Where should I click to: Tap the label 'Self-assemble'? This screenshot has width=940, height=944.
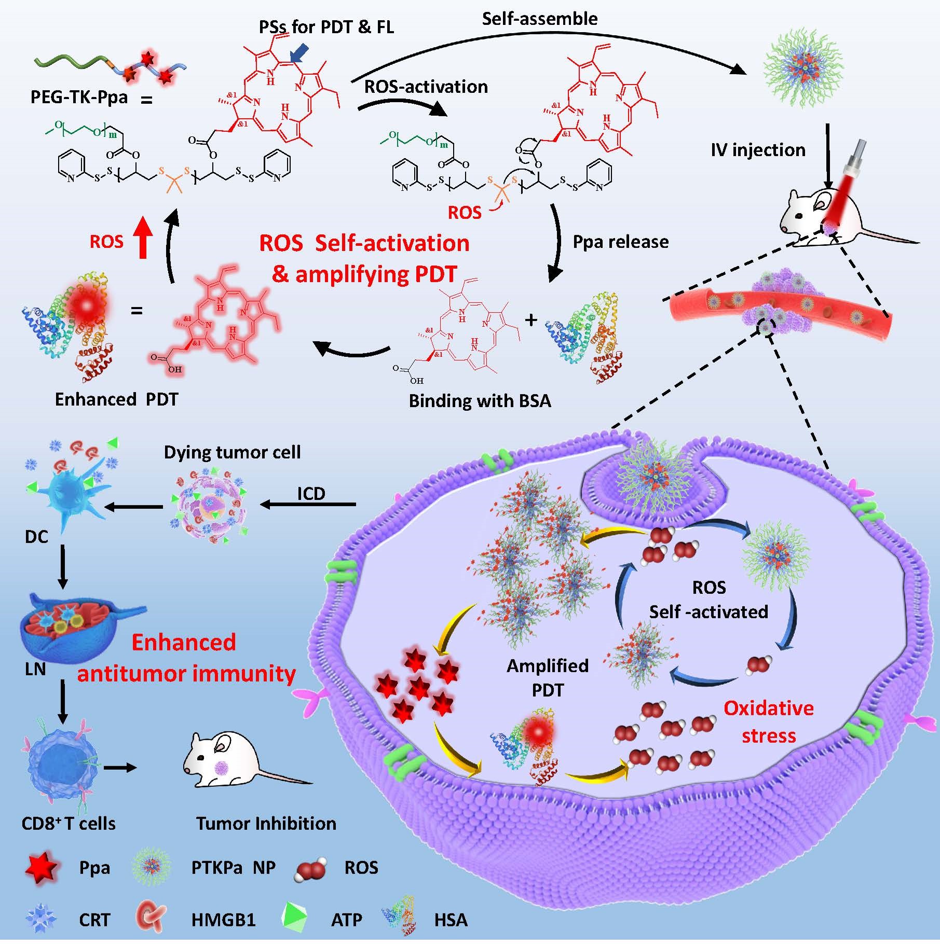click(539, 19)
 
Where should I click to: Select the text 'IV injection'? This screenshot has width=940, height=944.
click(758, 150)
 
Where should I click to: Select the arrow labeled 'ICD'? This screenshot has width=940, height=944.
click(309, 504)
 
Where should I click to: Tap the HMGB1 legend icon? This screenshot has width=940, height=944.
click(152, 919)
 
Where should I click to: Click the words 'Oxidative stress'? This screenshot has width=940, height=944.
click(768, 722)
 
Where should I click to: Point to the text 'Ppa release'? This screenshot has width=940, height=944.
click(620, 242)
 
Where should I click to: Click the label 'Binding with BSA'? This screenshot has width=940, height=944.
click(480, 401)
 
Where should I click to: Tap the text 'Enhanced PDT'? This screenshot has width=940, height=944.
click(116, 399)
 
